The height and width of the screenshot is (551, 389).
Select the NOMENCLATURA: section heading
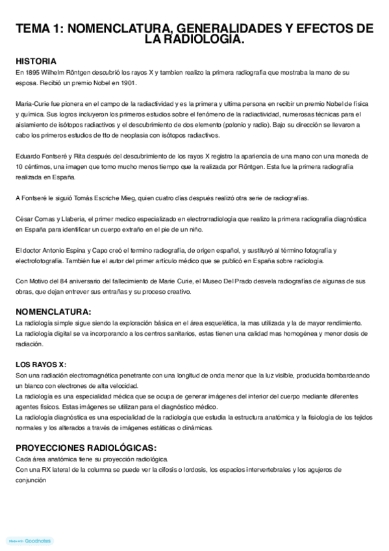point(53,311)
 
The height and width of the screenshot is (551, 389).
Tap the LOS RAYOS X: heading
point(41,364)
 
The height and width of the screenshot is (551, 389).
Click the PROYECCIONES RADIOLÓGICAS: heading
point(86,448)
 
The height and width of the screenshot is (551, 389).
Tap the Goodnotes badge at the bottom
point(29,541)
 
